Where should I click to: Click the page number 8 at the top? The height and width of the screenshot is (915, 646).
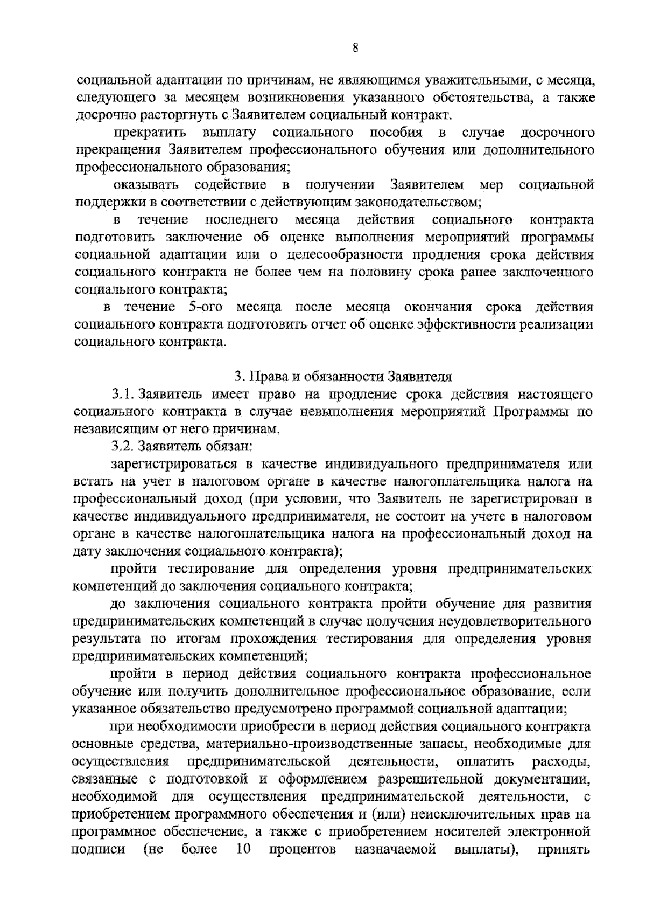point(355,48)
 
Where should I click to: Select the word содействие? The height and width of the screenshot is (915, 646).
point(230,185)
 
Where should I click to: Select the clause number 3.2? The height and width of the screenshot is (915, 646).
point(122,447)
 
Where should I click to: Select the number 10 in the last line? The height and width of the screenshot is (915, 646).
point(243,849)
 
